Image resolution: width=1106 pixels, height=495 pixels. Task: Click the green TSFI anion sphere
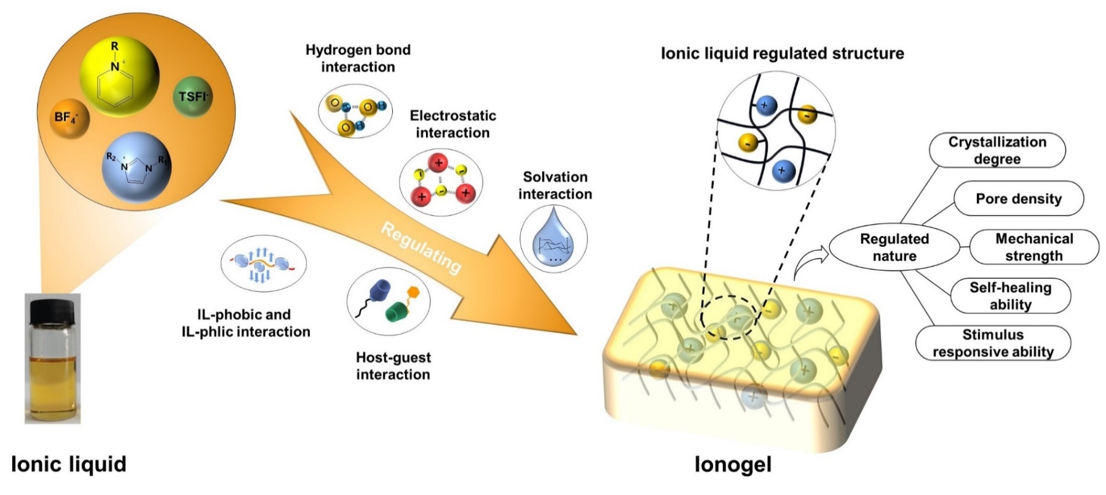point(192,96)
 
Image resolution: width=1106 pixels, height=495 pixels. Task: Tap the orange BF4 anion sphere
point(69,117)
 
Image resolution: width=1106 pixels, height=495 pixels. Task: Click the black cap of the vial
point(52,307)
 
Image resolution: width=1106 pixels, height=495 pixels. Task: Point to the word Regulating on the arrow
point(421,247)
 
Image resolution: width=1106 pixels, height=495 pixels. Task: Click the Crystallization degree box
point(997,150)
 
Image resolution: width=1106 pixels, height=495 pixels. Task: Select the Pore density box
point(1018,198)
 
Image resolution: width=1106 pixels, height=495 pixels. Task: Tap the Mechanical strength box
point(1033,247)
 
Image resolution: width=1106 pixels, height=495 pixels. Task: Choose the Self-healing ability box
point(1010,295)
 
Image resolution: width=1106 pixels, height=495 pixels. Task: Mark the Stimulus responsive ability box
point(993,343)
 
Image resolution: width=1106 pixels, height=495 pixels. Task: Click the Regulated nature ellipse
point(894,247)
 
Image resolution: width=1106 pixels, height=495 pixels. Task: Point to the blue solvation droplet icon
point(553,239)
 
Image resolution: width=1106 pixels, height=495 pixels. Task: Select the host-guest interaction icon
point(389,300)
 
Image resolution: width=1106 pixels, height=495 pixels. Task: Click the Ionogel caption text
point(733,464)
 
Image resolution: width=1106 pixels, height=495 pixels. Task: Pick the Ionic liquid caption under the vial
point(69,464)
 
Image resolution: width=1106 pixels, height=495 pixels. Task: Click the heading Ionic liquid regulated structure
point(782,53)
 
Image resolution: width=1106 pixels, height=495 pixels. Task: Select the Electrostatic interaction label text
point(452,124)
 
